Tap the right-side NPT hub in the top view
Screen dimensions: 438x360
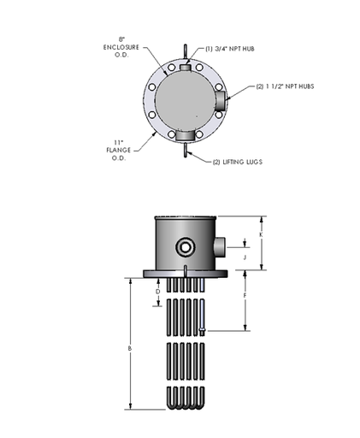[x=222, y=101]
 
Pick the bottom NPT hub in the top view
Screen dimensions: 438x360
[x=182, y=133]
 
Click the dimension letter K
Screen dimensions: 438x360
[x=261, y=235]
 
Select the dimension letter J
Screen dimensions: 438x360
[x=245, y=255]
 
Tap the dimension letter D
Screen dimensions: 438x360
[x=156, y=291]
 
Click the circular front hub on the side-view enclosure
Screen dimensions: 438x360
[x=185, y=248]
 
